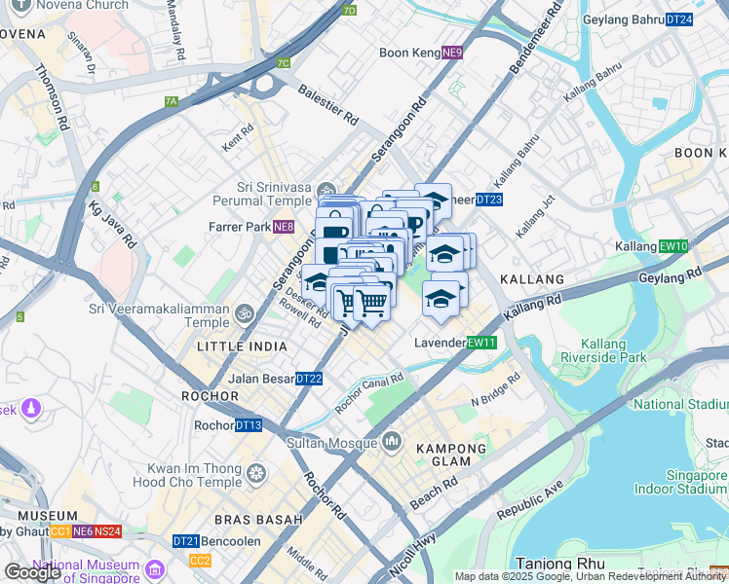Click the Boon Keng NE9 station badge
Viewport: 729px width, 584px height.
451,53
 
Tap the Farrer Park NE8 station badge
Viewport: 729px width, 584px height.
283,228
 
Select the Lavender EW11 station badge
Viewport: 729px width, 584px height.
481,343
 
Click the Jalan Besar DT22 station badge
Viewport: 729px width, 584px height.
308,379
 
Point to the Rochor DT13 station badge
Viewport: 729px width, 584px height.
249,425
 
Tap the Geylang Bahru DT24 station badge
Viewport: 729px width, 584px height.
679,18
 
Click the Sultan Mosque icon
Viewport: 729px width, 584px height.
392,442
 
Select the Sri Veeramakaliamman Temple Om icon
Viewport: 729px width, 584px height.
244,313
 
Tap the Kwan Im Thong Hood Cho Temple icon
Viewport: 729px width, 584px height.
256,473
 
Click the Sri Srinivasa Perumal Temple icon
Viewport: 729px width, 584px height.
326,189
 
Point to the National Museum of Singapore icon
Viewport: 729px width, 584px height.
155,568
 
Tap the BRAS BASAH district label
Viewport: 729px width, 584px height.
257,520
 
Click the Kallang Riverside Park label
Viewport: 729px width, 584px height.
614,350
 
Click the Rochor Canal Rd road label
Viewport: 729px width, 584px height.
369,394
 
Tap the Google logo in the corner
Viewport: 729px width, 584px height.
32,572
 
